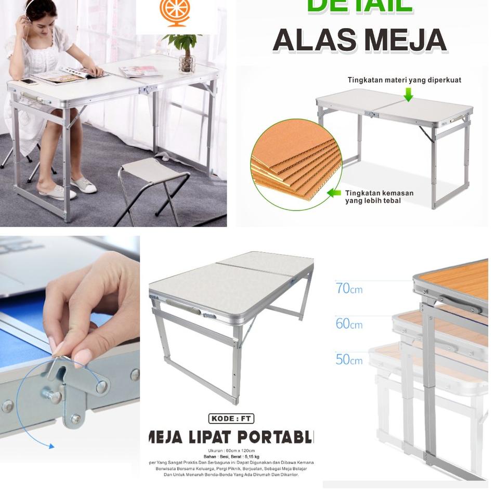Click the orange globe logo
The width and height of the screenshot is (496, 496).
[x=176, y=13]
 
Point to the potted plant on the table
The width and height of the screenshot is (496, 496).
[x=184, y=52]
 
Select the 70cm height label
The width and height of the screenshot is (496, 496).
[x=349, y=288]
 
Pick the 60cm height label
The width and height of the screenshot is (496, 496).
[x=349, y=323]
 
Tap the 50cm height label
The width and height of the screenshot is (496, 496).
[x=349, y=359]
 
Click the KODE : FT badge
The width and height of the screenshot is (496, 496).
[x=231, y=419]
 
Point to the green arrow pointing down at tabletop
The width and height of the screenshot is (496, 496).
[x=408, y=95]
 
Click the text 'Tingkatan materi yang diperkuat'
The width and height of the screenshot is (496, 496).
[x=404, y=80]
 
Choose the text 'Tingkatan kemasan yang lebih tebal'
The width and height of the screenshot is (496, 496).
[x=379, y=197]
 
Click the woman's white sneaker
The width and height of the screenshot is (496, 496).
[x=83, y=185]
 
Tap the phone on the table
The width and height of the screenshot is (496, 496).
[x=28, y=81]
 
